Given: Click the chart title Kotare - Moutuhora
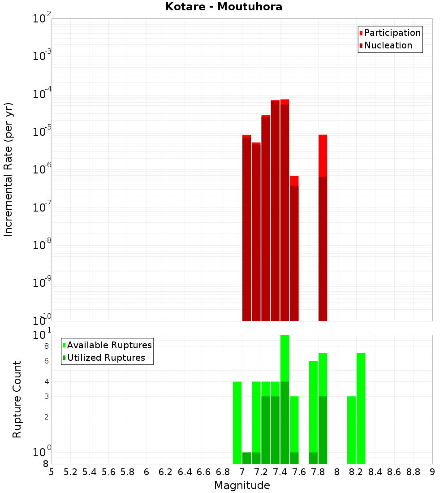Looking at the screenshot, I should click(224, 7).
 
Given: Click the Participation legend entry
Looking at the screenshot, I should click(392, 33).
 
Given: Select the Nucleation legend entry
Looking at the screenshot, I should click(388, 45).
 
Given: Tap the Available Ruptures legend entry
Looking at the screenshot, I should click(109, 345).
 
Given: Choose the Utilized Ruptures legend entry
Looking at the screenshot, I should click(106, 358).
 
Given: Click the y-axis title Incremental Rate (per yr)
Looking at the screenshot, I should click(9, 169).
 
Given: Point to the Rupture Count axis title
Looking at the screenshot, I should click(17, 399).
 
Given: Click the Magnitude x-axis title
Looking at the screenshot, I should click(242, 485).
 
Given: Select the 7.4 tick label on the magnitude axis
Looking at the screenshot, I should click(280, 472).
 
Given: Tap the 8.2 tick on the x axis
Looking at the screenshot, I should click(356, 472).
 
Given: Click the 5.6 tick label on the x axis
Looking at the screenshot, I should click(109, 472).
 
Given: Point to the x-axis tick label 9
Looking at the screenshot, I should click(432, 472).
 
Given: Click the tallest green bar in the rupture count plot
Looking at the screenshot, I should click(284, 399).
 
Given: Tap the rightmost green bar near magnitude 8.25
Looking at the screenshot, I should click(361, 408).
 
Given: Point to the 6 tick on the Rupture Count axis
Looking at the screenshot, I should click(47, 361).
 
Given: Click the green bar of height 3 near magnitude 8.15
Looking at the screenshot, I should click(351, 430).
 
